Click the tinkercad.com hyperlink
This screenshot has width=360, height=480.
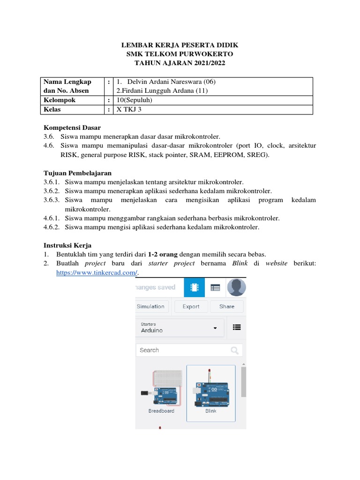[97, 272]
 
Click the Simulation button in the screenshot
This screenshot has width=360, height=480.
[150, 307]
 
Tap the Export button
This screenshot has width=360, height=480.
[191, 307]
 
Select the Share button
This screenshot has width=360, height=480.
[226, 307]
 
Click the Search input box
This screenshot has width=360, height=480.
[183, 350]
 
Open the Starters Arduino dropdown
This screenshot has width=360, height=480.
[180, 328]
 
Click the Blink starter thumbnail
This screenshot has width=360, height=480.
[211, 393]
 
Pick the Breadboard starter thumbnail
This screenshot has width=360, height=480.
[161, 393]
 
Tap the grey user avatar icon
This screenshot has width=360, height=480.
[236, 287]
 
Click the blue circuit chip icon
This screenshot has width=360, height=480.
[194, 287]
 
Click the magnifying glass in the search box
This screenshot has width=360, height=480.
[234, 350]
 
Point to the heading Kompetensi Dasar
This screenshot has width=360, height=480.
[72, 127]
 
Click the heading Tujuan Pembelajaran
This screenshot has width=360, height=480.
[77, 173]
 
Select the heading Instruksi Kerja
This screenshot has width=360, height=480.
[67, 245]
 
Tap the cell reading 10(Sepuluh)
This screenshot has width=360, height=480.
[135, 100]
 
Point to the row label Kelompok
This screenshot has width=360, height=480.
[60, 100]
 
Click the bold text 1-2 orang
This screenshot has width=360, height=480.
[163, 254]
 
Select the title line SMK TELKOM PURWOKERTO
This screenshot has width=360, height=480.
[180, 54]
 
